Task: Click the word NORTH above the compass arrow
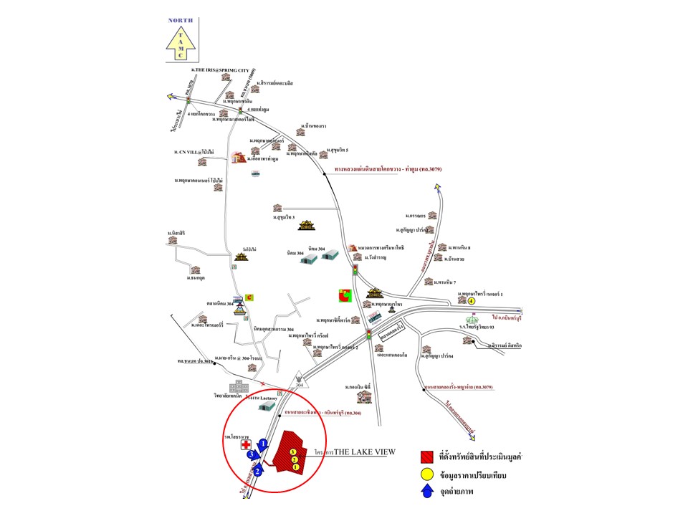(181, 21)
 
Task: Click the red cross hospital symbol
(247, 445)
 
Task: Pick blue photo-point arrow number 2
(257, 469)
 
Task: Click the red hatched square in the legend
(428, 456)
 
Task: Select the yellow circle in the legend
(428, 474)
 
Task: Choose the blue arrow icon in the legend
(428, 492)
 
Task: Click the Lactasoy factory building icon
(267, 406)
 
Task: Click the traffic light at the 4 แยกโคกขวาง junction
(188, 103)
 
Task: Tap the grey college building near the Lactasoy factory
(235, 387)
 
